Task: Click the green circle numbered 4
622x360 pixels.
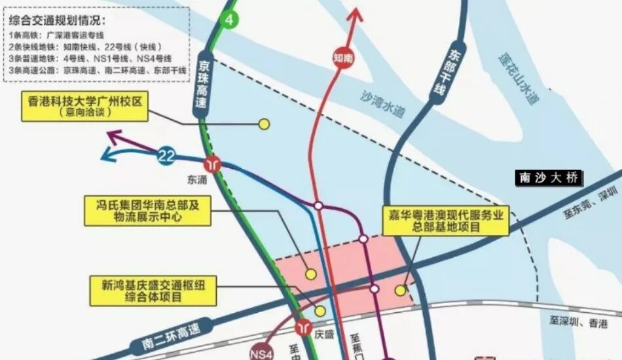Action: click(x=229, y=20)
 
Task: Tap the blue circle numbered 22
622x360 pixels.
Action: click(x=166, y=156)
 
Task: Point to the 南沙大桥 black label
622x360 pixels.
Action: click(x=548, y=177)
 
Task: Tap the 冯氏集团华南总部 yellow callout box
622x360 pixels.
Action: click(x=147, y=210)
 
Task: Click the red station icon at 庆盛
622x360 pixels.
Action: click(x=304, y=327)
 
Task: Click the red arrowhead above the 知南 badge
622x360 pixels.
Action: click(x=356, y=14)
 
